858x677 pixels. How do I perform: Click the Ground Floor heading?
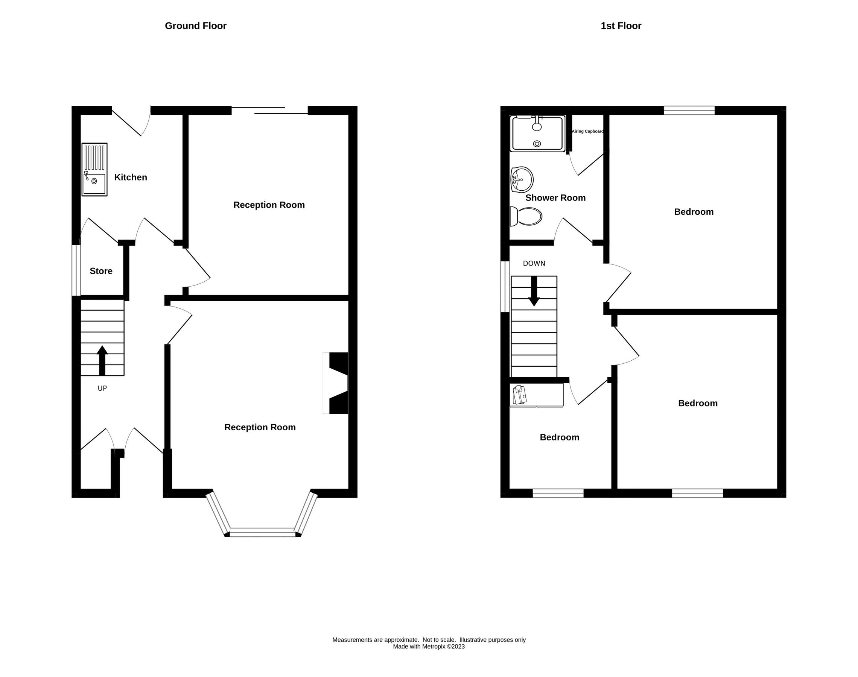pos(195,26)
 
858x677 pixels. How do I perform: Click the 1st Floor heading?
pos(621,26)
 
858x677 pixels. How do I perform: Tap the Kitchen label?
pos(131,177)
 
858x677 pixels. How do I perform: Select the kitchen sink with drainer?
pos(94,170)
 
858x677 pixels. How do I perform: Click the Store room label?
pos(101,271)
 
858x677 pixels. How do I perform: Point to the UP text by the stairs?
pos(102,389)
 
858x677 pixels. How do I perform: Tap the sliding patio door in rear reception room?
pos(269,111)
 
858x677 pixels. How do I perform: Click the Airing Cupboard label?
pos(587,132)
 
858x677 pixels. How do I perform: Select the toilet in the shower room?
pos(526,216)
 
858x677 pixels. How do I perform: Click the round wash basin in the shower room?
pos(522,179)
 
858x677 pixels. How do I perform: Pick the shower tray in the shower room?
pos(537,134)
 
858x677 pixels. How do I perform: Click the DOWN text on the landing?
pos(534,264)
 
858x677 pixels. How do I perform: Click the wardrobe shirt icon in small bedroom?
pos(520,395)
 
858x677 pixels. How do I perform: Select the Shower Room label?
pos(555,198)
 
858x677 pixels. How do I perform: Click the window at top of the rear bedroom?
pos(689,110)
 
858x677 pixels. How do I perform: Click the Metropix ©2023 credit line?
pos(429,647)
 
